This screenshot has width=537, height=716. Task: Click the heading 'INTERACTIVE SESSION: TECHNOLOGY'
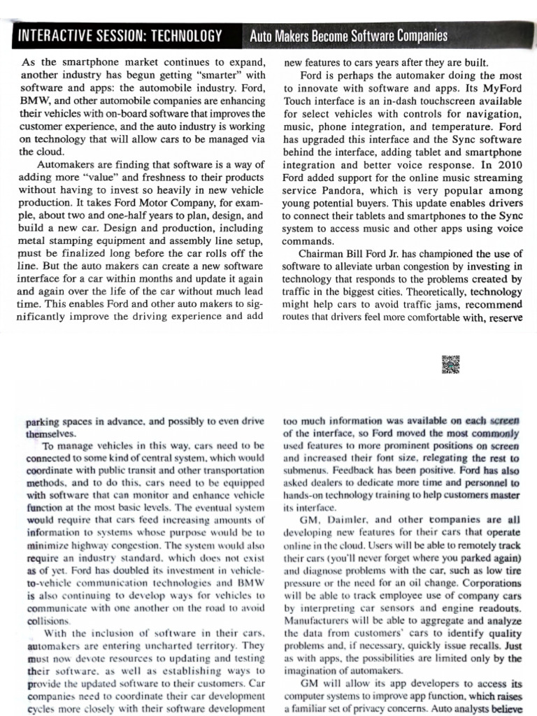(x=120, y=36)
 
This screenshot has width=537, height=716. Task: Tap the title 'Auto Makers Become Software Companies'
(x=348, y=36)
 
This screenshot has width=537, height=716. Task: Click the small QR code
(x=451, y=364)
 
